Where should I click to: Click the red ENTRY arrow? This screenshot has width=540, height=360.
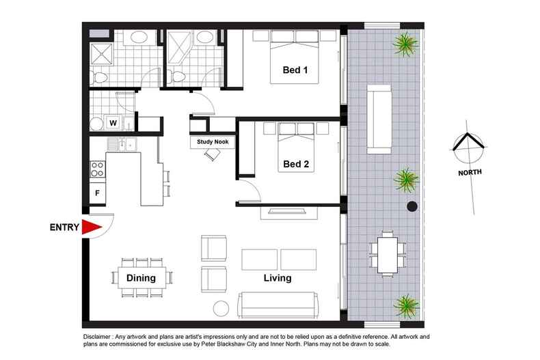(x=90, y=229)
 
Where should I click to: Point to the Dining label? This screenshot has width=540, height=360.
(x=141, y=278)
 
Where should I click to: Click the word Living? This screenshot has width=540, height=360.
(x=278, y=279)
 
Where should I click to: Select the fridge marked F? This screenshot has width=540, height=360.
(x=98, y=193)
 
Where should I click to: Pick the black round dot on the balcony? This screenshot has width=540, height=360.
(x=412, y=207)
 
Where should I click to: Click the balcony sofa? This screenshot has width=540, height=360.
(x=379, y=120)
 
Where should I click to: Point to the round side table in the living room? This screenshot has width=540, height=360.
(x=221, y=309)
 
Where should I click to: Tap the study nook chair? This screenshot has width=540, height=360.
(x=213, y=155)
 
